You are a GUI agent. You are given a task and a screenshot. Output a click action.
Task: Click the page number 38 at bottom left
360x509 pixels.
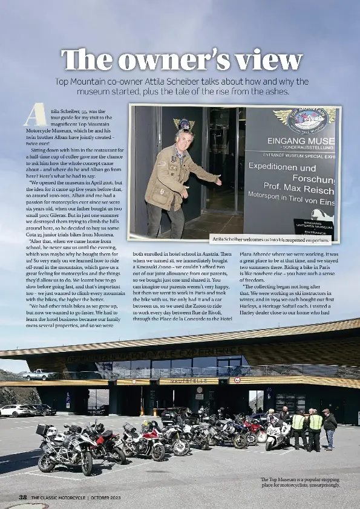[x=23, y=497]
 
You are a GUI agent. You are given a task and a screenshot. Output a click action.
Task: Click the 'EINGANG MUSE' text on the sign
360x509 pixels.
[x=299, y=142]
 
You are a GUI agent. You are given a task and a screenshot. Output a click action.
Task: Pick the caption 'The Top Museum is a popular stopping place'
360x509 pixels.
[x=300, y=482]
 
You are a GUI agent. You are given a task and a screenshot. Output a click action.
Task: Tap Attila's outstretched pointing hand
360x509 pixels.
[x=218, y=181]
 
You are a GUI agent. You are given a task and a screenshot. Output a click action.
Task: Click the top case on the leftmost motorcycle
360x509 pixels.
[x=42, y=430]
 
